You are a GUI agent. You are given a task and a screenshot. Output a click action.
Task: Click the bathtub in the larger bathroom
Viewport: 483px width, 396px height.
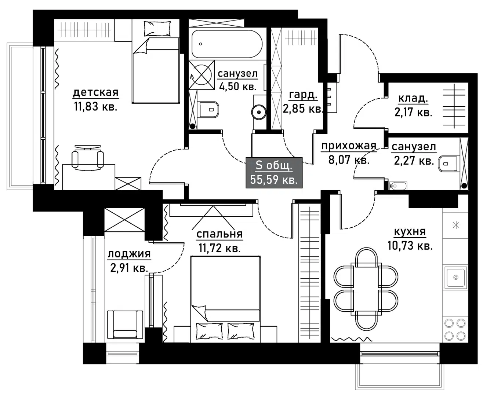227,44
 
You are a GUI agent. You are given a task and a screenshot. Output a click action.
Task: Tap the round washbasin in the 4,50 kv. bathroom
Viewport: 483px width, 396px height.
259,112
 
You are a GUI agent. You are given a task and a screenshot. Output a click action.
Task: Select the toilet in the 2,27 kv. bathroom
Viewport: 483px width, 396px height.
449,164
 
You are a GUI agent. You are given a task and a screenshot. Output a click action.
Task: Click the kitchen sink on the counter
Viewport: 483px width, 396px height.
456,278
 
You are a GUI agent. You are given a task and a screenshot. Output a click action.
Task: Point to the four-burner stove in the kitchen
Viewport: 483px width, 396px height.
455,330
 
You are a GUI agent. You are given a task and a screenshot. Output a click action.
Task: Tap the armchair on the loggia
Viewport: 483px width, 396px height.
125,324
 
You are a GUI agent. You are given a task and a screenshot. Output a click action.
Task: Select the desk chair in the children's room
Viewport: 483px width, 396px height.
87,158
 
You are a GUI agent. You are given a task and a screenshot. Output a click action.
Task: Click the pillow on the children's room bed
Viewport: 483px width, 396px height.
157,28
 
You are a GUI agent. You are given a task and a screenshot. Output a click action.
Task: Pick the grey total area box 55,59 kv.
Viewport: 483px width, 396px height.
274,173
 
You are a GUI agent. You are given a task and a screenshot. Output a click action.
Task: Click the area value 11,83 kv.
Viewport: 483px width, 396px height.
95,107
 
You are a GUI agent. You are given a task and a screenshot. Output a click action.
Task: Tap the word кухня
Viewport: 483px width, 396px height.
410,232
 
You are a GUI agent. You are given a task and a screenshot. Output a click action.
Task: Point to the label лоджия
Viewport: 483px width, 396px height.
129,254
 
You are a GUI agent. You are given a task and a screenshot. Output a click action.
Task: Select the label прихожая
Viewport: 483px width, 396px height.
349,146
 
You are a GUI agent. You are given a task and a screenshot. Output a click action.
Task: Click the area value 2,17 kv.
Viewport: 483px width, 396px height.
413,112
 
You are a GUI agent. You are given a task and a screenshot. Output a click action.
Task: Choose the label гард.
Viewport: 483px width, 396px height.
303,95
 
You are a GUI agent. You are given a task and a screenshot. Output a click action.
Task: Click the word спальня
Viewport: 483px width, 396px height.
219,234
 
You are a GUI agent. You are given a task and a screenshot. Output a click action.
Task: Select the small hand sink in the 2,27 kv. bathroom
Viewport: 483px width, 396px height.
398,186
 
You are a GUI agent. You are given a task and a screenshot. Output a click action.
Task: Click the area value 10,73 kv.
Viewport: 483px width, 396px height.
410,246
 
